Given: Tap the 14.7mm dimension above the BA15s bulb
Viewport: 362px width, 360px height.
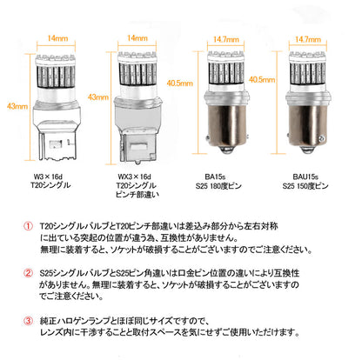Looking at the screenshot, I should pyautogui.click(x=227, y=39).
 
